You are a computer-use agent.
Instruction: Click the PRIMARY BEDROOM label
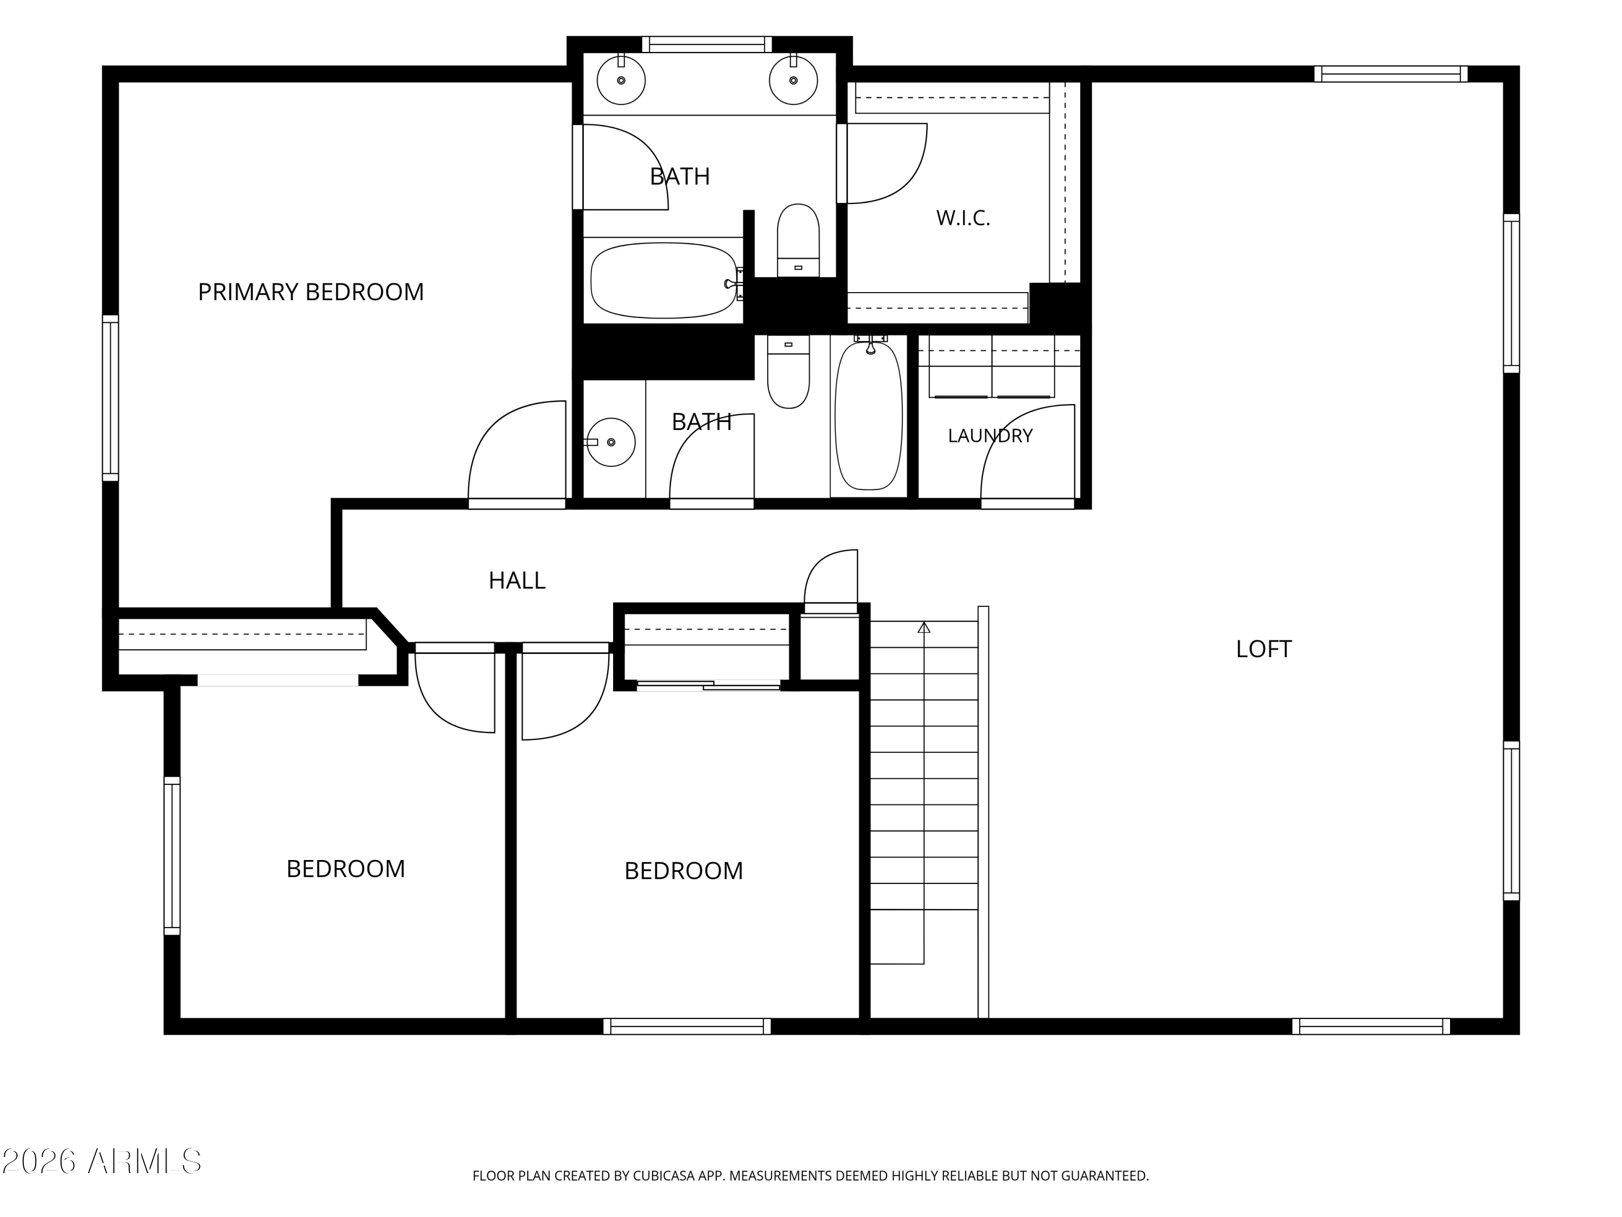[x=311, y=292]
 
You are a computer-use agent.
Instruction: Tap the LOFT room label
[x=1264, y=649]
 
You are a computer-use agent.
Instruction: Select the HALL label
[x=517, y=581]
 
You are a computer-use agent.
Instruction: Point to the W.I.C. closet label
[x=963, y=218]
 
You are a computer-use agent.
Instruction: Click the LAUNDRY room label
[x=990, y=436]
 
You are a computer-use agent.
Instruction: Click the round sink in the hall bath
[x=611, y=442]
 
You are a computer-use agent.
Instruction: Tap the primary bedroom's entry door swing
[x=517, y=453]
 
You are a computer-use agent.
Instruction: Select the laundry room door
[x=1028, y=455]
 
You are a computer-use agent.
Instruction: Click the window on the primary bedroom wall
[x=110, y=398]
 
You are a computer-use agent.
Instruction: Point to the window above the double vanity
[x=707, y=44]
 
